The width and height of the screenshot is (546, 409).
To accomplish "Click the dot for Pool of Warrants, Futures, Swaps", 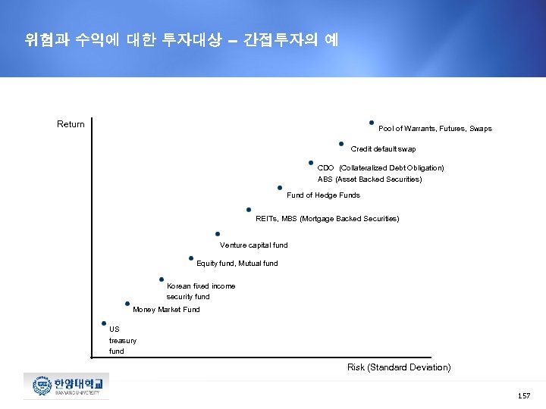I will pos(371,122).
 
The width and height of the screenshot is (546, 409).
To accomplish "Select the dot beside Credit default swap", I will pos(341,144).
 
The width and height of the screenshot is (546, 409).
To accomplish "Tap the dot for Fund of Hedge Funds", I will pos(280,187).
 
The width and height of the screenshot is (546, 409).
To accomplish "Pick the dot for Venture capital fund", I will pos(218,234).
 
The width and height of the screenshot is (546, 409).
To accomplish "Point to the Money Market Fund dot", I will pos(127,303).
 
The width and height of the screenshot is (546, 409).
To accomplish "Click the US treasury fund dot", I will pos(103,323).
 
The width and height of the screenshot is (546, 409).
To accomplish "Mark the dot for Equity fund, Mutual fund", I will pos(190,258).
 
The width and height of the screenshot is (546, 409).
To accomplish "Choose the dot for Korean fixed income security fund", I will pos(162,279).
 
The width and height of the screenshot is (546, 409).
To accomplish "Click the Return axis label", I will pos(71,124).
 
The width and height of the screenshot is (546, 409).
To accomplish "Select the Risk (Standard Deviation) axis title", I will pos(399,367).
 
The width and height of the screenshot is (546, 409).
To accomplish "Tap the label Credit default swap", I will pos(383,149).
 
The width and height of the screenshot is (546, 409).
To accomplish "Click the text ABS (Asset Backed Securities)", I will pos(370,180).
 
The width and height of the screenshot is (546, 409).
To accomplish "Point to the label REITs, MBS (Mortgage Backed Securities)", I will pos(328,219).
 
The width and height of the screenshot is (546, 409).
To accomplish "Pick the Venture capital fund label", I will pos(254,245).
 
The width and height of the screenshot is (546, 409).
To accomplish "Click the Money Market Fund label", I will pos(166,310).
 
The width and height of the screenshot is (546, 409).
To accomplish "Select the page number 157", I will pos(523,396).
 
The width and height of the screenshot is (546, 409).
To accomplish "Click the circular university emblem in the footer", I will pos(40,386).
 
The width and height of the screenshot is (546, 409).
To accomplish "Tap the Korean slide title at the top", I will pos(181,40).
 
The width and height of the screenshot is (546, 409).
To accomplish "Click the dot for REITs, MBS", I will pos(249,210).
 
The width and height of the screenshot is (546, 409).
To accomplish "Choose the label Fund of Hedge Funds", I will pos(323,195).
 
